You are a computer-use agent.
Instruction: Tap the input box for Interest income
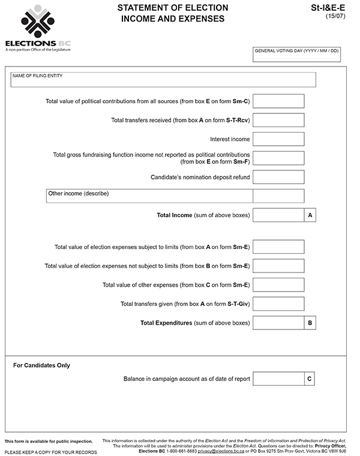tap(278, 139)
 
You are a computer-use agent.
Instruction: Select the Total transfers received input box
tap(278, 120)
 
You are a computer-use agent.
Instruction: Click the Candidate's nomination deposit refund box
tap(278, 177)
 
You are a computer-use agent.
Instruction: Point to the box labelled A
tap(310, 215)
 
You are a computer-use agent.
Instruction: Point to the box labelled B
tap(310, 323)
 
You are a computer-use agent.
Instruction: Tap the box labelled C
tap(309, 379)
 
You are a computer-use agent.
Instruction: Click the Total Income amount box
tap(278, 215)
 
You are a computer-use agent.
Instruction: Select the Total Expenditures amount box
tap(278, 323)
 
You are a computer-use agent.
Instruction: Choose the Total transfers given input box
tap(278, 304)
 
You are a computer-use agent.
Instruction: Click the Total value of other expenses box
tap(278, 284)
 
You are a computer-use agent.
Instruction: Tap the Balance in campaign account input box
tap(278, 379)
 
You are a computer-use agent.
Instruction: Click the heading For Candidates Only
tap(41, 365)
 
